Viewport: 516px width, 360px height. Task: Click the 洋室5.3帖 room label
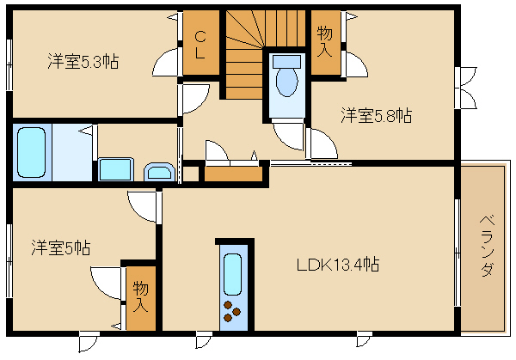83,61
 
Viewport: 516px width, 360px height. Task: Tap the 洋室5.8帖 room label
376,115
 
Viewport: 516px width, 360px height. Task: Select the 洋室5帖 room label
61,247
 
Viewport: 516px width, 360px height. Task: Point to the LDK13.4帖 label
338,265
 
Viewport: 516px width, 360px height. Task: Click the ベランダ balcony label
487,246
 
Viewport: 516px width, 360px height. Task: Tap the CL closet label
200,45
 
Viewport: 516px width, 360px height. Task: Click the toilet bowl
287,82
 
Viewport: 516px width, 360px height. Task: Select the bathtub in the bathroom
32,152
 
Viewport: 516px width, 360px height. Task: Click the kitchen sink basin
232,275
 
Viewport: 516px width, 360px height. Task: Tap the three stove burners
232,311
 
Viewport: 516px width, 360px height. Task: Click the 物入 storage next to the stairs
325,42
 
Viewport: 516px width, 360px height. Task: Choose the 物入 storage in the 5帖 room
141,297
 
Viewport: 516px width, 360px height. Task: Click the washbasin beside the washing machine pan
159,172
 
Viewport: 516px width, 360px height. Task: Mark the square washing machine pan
116,169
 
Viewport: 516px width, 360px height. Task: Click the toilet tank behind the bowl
286,62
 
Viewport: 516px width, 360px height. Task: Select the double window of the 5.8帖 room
465,88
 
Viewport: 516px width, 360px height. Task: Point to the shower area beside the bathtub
72,152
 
